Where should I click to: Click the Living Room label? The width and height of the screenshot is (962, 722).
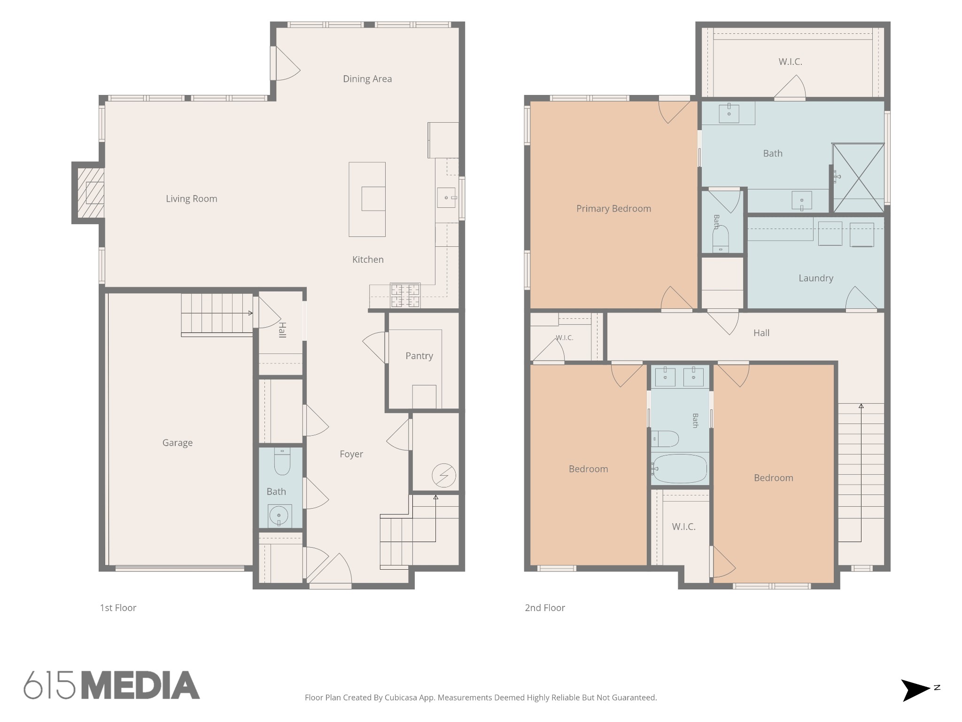[x=192, y=199]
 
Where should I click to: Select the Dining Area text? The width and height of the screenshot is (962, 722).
[x=367, y=79]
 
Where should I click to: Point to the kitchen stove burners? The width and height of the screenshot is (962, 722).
[x=405, y=295]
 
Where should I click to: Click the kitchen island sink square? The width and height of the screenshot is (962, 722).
[x=373, y=198]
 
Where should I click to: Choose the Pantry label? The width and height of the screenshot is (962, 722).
[x=419, y=356]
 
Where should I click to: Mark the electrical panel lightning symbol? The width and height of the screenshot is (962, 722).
[x=444, y=475]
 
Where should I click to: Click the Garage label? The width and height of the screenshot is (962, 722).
[x=178, y=443]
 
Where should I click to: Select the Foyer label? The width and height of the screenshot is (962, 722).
[x=351, y=454]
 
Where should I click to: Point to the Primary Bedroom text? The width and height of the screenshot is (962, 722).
[x=613, y=209]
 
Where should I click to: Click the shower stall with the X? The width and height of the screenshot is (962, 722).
[x=859, y=178]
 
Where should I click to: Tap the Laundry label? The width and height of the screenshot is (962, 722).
[x=816, y=278]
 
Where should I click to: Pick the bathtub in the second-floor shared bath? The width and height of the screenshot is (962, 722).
[x=680, y=469]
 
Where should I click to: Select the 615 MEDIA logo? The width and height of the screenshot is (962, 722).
[x=112, y=684]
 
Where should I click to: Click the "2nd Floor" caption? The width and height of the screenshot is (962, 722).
[x=545, y=608]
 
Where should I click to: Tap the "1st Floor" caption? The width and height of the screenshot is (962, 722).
[x=118, y=608]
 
